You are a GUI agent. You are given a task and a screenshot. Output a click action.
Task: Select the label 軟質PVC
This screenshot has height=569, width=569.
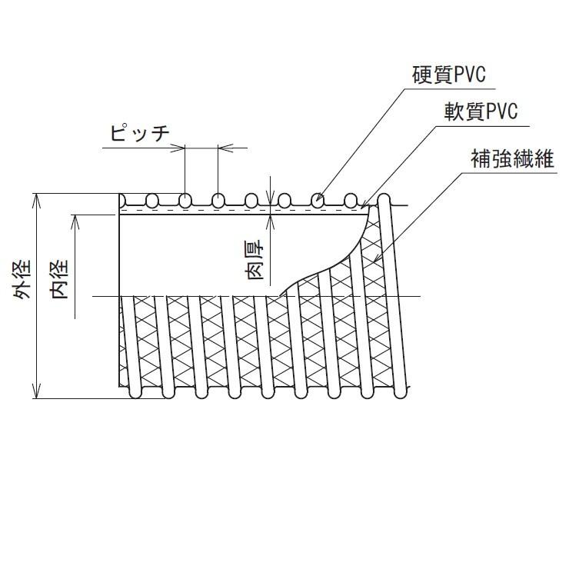(x=481, y=111)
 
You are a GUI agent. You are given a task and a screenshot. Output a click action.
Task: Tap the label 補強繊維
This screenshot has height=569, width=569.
(x=512, y=159)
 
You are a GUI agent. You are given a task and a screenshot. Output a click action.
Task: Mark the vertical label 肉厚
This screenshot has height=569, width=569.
(x=257, y=259)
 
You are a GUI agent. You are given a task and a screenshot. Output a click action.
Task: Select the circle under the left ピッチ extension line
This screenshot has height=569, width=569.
(x=185, y=201)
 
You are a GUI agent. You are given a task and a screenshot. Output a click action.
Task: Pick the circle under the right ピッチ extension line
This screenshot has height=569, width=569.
(x=218, y=201)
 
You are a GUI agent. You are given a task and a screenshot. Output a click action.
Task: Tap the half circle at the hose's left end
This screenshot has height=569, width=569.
(x=122, y=201)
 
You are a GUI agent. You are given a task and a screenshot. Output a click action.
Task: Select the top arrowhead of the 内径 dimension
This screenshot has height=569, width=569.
(x=75, y=218)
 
